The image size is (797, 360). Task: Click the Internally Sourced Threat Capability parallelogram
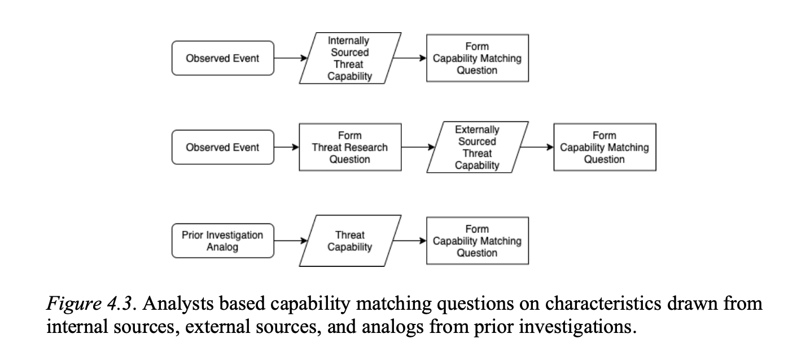pyautogui.click(x=350, y=58)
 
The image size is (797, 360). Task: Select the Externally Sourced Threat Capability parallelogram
pyautogui.click(x=477, y=147)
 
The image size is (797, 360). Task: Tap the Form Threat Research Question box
pyautogui.click(x=350, y=147)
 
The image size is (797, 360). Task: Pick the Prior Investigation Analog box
pyautogui.click(x=222, y=241)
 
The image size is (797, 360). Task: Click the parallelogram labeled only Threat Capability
pyautogui.click(x=350, y=241)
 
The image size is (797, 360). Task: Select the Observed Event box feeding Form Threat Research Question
pyautogui.click(x=222, y=147)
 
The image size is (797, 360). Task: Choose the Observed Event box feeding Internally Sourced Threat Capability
pyautogui.click(x=222, y=58)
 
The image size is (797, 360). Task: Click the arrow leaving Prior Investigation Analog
pyautogui.click(x=290, y=241)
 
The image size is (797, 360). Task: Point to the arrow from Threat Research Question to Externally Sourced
pyautogui.click(x=418, y=147)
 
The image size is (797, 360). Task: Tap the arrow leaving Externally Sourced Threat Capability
pyautogui.click(x=536, y=147)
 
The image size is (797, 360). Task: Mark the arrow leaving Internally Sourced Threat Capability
pyautogui.click(x=409, y=58)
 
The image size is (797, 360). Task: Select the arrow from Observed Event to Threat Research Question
pyautogui.click(x=286, y=147)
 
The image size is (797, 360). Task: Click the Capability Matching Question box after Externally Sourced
pyautogui.click(x=605, y=147)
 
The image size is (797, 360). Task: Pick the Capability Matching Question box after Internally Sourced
pyautogui.click(x=477, y=58)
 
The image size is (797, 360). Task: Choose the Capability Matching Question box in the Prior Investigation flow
pyautogui.click(x=477, y=241)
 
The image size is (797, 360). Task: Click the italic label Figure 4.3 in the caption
pyautogui.click(x=90, y=305)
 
